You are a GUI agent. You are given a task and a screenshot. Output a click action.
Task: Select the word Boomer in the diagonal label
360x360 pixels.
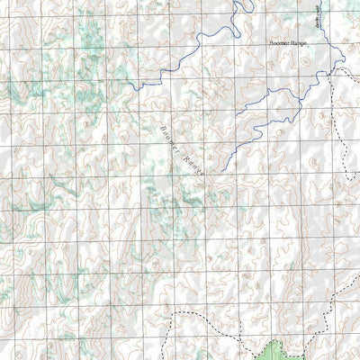click(168, 136)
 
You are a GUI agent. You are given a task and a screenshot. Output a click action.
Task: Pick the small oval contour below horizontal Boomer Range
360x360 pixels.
click(304, 61)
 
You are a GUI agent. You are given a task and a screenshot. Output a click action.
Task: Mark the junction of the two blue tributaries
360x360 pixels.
click(300, 90)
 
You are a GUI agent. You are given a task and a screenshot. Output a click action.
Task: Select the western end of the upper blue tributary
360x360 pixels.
click(237, 114)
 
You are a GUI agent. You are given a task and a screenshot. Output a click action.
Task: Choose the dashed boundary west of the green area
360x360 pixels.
click(207, 314)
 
